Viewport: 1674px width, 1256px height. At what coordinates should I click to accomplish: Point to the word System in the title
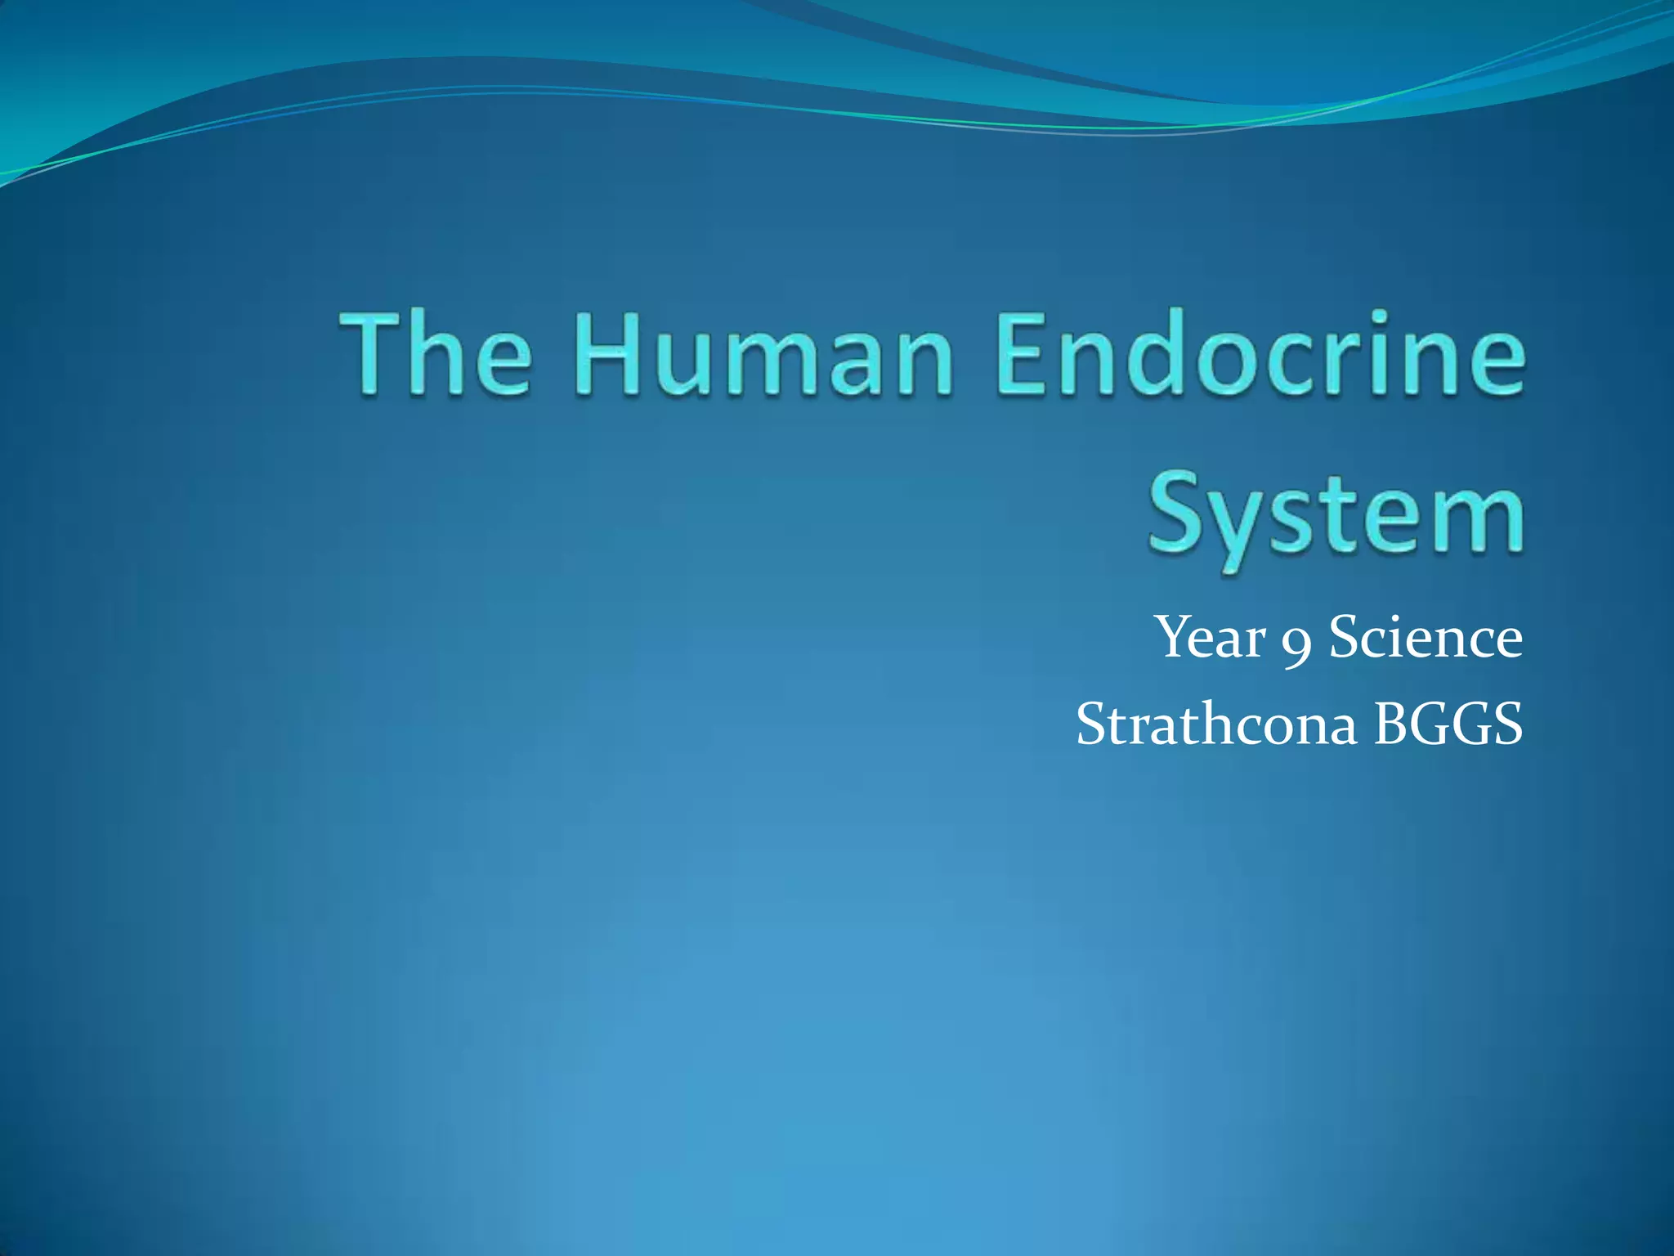pos(1336,515)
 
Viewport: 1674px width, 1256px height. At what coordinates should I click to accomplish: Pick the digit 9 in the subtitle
pos(1297,646)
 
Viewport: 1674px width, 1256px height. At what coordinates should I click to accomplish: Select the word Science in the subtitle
pos(1426,638)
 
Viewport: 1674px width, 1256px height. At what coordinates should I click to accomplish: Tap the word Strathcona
pos(1216,724)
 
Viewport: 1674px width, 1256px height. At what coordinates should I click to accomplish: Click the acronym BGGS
pos(1448,724)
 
